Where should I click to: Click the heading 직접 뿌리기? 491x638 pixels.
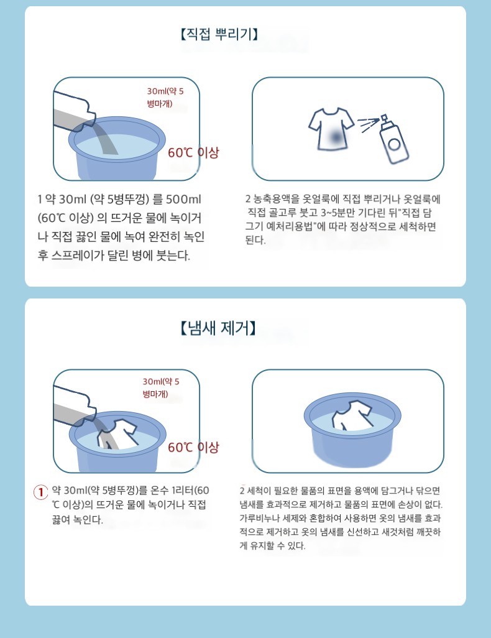tap(219, 34)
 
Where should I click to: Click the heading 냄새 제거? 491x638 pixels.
tap(218, 328)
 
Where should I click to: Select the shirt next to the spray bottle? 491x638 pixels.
tap(331, 129)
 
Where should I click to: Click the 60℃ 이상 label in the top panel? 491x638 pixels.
tap(194, 152)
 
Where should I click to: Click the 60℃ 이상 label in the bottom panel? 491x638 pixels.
tap(194, 447)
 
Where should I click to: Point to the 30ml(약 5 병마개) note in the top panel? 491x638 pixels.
tap(165, 97)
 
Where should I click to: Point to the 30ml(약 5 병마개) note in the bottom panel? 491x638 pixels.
tap(161, 388)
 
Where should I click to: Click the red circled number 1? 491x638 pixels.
tap(40, 492)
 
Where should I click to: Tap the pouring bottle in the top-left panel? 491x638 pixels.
tap(74, 111)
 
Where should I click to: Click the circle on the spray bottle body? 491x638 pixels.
tap(394, 144)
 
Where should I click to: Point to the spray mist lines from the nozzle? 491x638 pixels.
tap(367, 124)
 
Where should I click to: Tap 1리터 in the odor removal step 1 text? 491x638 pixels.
tap(183, 491)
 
